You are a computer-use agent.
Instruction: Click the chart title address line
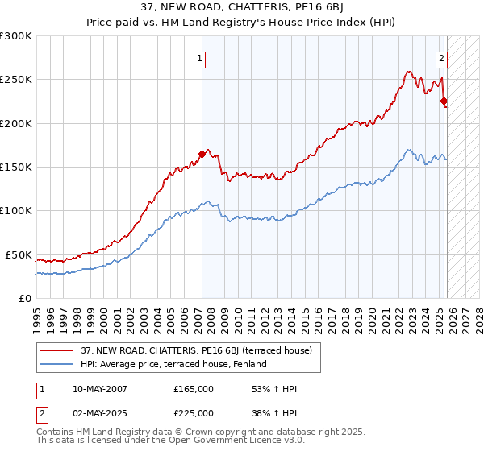coord(242,9)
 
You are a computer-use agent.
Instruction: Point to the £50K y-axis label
coord(19,254)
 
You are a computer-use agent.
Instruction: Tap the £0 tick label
coord(25,298)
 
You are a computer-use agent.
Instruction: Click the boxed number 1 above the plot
coord(199,57)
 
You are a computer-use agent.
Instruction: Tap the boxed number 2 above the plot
coord(442,57)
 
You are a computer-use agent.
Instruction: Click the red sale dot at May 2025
coord(444,101)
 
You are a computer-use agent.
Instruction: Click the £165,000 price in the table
coord(194,389)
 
